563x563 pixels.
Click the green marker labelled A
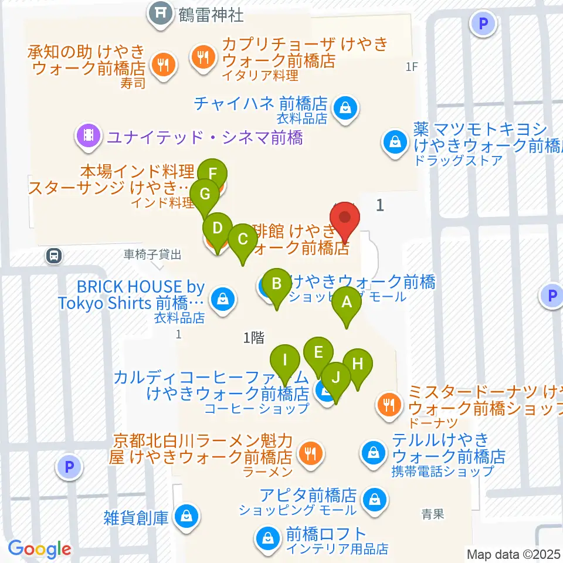pyautogui.click(x=347, y=303)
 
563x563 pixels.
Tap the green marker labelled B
pyautogui.click(x=277, y=284)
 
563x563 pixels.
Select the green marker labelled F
pyautogui.click(x=212, y=174)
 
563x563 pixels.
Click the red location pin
pyautogui.click(x=345, y=222)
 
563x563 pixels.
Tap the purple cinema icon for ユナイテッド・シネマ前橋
pyautogui.click(x=89, y=137)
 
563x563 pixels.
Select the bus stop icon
pyautogui.click(x=54, y=256)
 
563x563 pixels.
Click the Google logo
pyautogui.click(x=39, y=550)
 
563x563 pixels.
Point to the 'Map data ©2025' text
pyautogui.click(x=514, y=554)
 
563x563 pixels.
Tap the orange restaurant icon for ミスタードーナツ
pyautogui.click(x=388, y=403)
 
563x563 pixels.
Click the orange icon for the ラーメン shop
pyautogui.click(x=309, y=452)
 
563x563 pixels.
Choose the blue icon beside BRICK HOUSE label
pyautogui.click(x=223, y=299)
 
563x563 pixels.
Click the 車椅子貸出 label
pyautogui.click(x=152, y=255)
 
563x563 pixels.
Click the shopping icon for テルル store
pyautogui.click(x=372, y=452)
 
